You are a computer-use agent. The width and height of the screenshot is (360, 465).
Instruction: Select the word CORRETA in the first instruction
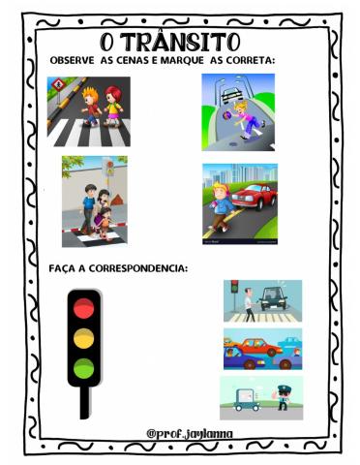click(250, 61)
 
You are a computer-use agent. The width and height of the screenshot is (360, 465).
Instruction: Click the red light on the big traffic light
click(85, 307)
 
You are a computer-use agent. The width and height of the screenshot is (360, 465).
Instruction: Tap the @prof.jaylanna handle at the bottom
click(190, 432)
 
